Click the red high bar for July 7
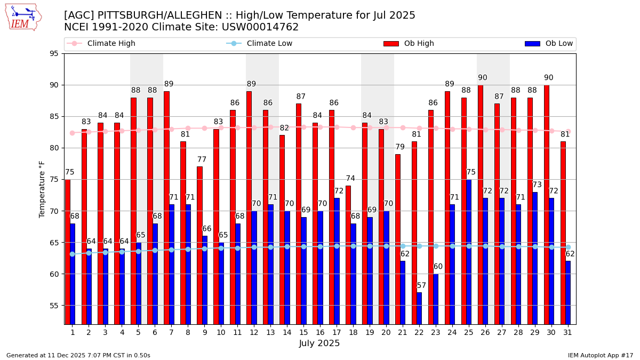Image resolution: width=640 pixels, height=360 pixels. (166, 207)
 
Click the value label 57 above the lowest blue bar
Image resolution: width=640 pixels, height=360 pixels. (422, 286)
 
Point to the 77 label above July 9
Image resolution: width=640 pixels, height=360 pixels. (202, 159)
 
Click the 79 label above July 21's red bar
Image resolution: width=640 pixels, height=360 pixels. (400, 147)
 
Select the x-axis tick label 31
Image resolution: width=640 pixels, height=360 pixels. (568, 332)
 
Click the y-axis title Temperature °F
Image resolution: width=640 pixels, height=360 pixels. (42, 189)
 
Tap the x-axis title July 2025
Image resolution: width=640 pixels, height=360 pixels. (319, 343)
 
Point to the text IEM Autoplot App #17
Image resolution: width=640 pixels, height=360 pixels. (600, 355)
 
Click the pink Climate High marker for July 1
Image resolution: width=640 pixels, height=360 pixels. (72, 133)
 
